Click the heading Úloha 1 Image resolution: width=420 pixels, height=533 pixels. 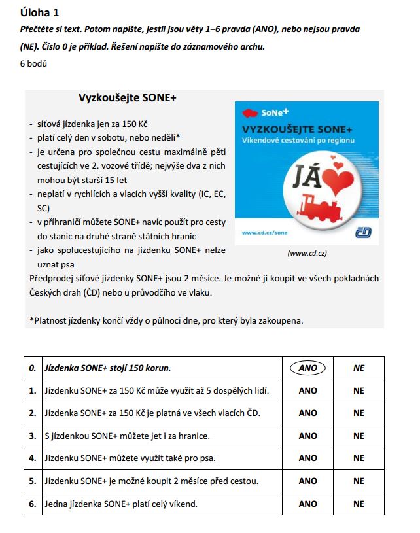click(44, 12)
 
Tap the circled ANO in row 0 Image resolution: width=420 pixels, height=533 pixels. click(307, 368)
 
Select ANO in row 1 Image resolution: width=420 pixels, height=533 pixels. click(307, 390)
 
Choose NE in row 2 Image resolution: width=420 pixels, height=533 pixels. click(359, 413)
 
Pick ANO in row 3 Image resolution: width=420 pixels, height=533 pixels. click(307, 436)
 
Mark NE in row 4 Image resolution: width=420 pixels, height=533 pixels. click(359, 458)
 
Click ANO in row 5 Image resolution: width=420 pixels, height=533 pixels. click(307, 481)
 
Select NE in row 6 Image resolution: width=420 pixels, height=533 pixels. click(359, 504)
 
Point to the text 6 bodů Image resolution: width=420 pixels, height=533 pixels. click(34, 64)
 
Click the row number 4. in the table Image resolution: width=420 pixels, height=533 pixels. click(32, 458)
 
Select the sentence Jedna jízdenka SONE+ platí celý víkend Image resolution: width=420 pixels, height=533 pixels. click(122, 504)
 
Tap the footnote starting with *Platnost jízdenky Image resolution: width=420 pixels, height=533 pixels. click(166, 320)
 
